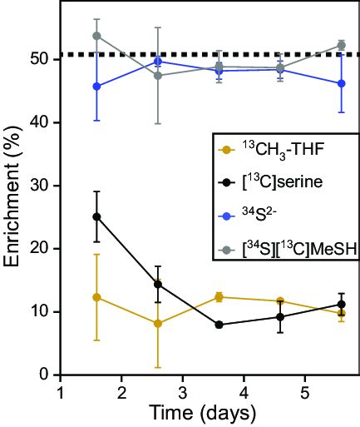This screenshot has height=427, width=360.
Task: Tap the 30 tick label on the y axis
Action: point(40,186)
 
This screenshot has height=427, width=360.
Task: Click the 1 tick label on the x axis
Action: point(61,391)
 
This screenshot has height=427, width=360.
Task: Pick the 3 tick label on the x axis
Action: point(182,391)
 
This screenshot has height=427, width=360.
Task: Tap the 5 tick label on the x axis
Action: point(304,391)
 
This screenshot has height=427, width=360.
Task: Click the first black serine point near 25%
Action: point(97,216)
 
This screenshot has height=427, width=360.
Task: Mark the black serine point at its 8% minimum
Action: point(219,325)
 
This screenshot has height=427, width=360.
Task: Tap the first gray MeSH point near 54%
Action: point(97,36)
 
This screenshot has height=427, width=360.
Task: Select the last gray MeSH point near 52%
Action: point(341,45)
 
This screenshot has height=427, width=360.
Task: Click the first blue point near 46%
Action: point(97,86)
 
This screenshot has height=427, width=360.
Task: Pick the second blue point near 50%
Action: point(158,61)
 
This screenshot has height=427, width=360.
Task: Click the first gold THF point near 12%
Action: point(97,297)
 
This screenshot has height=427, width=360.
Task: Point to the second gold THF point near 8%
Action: point(158,323)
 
